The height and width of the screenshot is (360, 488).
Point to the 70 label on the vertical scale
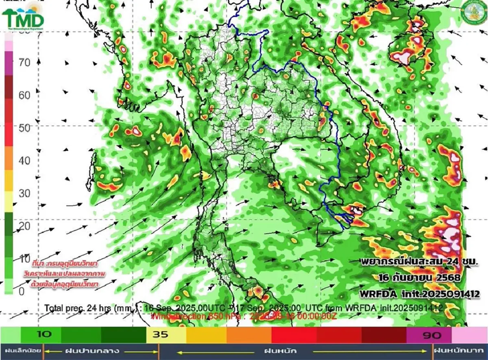[x=25, y=63]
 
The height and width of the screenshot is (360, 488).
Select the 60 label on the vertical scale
[x=25, y=95]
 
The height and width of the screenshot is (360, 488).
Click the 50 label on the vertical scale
[x=25, y=128]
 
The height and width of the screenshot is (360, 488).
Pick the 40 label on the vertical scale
[x=25, y=161]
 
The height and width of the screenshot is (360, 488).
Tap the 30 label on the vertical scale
[x=25, y=193]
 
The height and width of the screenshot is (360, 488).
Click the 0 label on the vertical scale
[x=22, y=291]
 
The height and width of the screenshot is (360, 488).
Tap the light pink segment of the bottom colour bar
[x=470, y=335]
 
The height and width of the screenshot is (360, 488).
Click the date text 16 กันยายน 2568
[x=418, y=278]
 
